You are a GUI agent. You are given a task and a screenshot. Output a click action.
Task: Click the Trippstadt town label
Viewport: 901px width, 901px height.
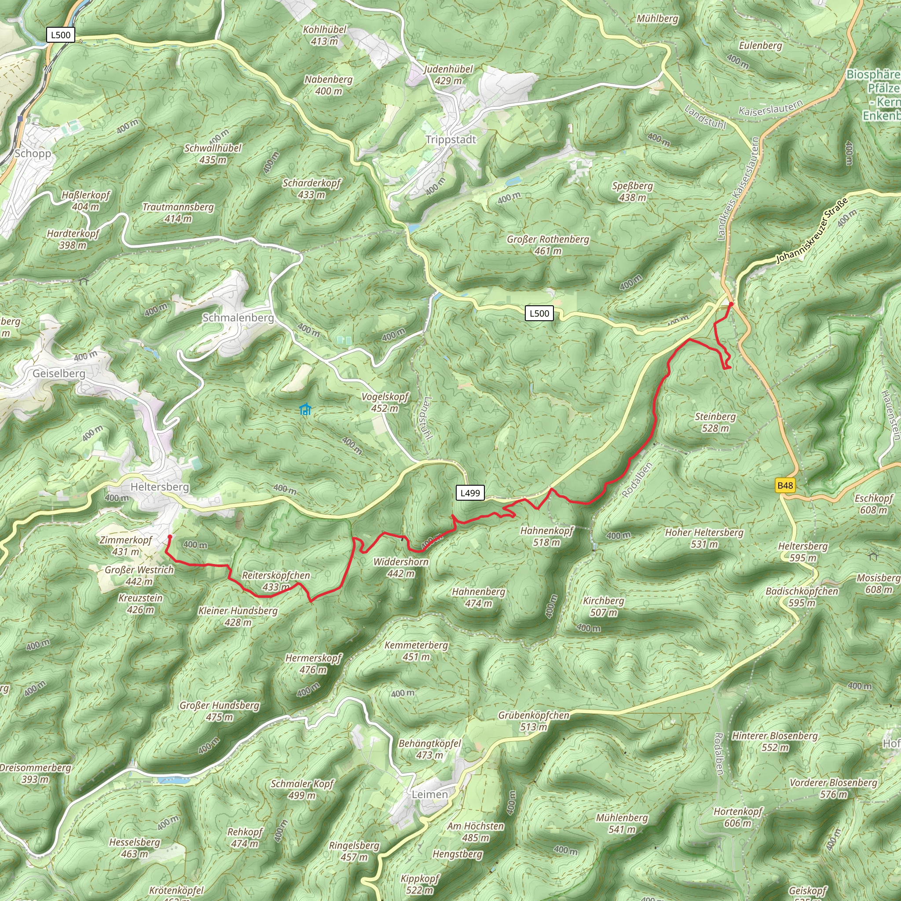tap(450, 139)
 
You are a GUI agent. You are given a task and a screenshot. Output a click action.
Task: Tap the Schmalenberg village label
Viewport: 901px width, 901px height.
tap(238, 318)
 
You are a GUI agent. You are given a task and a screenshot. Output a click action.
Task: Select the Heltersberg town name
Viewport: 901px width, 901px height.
tap(160, 487)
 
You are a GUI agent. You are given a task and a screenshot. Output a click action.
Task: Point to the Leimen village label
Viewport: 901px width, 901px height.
tap(429, 794)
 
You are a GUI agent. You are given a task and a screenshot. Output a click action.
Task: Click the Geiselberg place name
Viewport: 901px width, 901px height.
tap(59, 374)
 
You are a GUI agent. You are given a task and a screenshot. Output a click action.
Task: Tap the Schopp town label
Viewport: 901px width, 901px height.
tap(33, 154)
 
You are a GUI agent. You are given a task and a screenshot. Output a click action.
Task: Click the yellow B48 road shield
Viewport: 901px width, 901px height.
tap(785, 486)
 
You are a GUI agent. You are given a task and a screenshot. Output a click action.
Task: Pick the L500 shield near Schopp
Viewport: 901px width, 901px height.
tap(61, 35)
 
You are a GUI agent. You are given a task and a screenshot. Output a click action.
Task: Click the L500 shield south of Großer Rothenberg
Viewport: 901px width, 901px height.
tap(539, 313)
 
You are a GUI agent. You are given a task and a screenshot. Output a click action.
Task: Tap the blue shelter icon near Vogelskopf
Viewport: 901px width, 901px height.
tap(305, 410)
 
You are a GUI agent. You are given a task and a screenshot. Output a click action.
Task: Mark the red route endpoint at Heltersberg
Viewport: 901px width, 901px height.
tap(170, 537)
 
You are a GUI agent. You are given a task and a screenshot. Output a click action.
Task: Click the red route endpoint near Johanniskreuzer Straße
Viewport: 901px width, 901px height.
tap(731, 304)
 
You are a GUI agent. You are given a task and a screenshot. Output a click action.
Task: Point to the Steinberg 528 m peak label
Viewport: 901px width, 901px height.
tap(715, 422)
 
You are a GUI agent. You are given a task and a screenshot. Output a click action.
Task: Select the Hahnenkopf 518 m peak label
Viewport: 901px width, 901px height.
tap(546, 536)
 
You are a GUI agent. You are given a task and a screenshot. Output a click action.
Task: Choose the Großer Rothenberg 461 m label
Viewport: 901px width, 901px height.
tap(548, 245)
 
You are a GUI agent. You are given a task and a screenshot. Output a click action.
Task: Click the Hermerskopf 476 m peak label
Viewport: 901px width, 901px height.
tap(313, 663)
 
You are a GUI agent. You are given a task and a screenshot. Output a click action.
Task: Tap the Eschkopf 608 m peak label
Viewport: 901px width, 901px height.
tap(873, 504)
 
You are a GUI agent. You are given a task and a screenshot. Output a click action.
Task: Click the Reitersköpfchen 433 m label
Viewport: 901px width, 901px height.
tap(275, 581)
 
